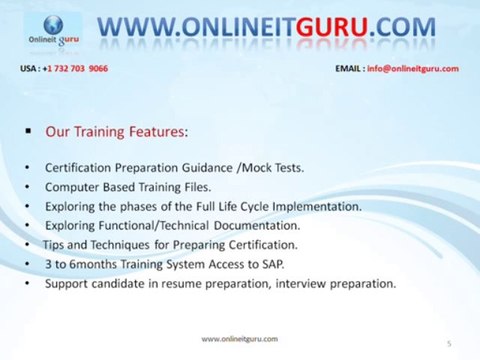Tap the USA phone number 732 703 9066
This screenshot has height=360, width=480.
pos(79,68)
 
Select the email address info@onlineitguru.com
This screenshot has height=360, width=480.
pos(413,68)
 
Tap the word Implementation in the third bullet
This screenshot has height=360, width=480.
pos(314,206)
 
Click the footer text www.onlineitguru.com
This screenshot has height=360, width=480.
pos(240,339)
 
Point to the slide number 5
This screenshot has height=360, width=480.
pos(449,343)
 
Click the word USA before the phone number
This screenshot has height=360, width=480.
pos(29,68)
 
